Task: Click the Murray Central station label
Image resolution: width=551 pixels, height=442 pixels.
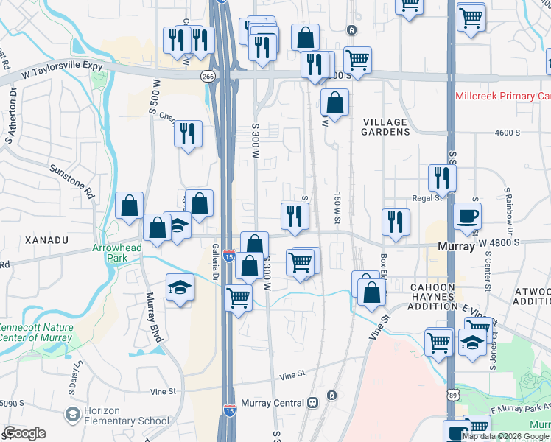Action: tap(273, 403)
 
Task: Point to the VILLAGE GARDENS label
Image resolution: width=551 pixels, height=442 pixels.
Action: tap(385, 127)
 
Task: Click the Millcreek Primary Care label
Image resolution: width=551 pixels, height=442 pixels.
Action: tap(502, 96)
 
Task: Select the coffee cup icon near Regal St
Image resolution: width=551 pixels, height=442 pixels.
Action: tap(468, 217)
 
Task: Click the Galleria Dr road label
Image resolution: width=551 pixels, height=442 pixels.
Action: tap(216, 262)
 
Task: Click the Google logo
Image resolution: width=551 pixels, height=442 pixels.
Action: tap(24, 433)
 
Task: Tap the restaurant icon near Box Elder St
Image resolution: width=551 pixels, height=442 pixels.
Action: tap(396, 222)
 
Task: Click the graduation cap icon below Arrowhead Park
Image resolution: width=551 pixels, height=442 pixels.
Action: tap(179, 288)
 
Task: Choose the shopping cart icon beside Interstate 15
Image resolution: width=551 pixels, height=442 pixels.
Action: tap(238, 298)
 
